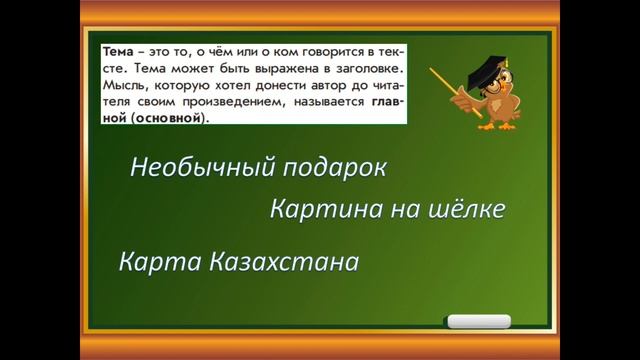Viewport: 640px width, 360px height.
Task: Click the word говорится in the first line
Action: click(x=325, y=50)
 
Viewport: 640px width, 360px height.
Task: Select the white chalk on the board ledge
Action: click(x=479, y=322)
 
